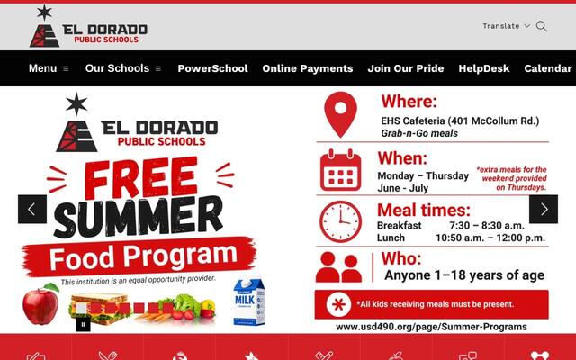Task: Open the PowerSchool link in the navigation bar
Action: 212,68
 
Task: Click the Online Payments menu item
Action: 308,68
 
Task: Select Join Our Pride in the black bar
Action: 406,68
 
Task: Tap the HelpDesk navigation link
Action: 484,68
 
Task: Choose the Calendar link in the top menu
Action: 548,68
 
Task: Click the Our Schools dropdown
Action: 123,68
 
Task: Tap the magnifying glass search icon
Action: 542,26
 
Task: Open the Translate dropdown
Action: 506,26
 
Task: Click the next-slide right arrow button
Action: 544,210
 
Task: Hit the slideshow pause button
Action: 83,324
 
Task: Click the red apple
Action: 40,303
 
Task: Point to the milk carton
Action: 249,301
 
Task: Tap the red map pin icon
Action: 340,114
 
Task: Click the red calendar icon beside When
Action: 340,170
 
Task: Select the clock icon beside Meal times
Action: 340,221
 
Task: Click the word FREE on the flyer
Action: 141,178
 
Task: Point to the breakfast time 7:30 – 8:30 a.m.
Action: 487,225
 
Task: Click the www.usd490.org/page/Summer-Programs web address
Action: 431,327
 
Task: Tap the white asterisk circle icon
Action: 338,304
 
